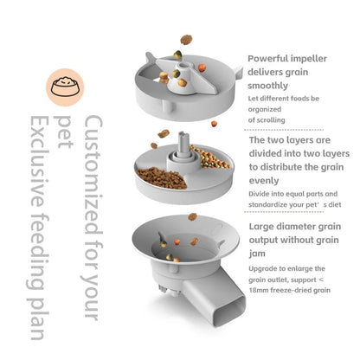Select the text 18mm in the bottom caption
tap(261, 292)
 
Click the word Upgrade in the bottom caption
tap(263, 268)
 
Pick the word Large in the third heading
tap(264, 228)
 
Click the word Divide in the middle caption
tap(260, 194)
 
